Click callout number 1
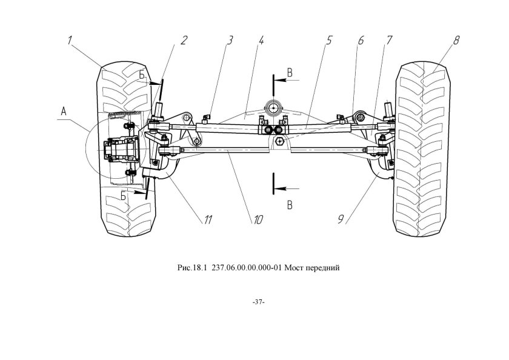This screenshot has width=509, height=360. pyautogui.click(x=70, y=41)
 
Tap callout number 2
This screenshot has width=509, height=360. pyautogui.click(x=184, y=41)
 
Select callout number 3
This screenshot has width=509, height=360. pyautogui.click(x=230, y=41)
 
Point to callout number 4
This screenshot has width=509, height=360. pyautogui.click(x=261, y=41)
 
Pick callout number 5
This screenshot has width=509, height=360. pyautogui.click(x=329, y=41)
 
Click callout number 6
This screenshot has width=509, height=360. pyautogui.click(x=361, y=41)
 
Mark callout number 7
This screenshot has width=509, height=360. pyautogui.click(x=388, y=41)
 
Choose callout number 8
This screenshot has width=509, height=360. pyautogui.click(x=456, y=41)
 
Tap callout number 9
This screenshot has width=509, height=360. pyautogui.click(x=341, y=220)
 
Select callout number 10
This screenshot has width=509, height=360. pyautogui.click(x=258, y=220)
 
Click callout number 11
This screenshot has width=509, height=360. pyautogui.click(x=207, y=220)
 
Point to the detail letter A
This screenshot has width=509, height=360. pyautogui.click(x=64, y=112)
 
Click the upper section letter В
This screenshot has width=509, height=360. pyautogui.click(x=290, y=73)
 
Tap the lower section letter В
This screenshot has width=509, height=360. pyautogui.click(x=290, y=205)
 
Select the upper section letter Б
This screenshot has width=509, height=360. pyautogui.click(x=142, y=75)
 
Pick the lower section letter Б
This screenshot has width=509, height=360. pyautogui.click(x=124, y=196)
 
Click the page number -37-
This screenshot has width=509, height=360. pyautogui.click(x=259, y=302)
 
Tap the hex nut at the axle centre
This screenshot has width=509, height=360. pyautogui.click(x=279, y=141)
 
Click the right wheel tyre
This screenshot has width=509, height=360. pyautogui.click(x=421, y=148)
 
